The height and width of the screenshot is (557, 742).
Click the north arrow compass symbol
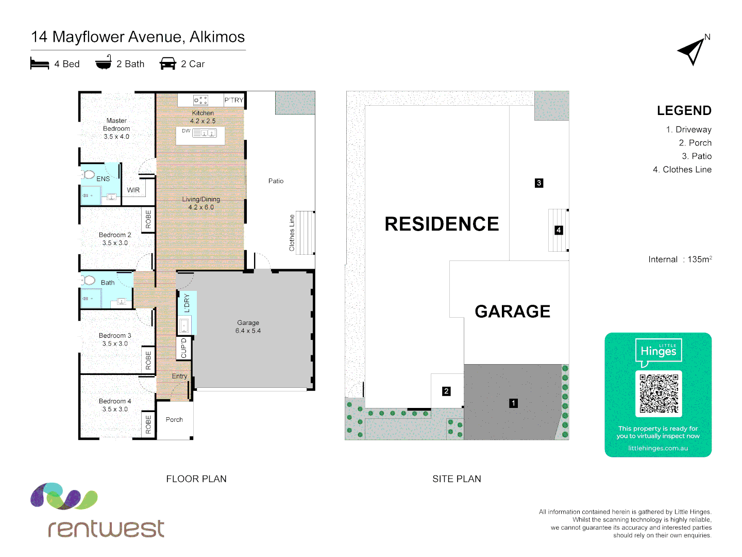pos(692,51)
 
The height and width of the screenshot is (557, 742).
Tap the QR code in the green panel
pos(659,394)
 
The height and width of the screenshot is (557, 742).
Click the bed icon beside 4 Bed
pos(40,64)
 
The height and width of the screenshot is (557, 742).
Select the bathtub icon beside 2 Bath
pos(104,62)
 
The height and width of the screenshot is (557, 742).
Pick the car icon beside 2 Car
pos(168,64)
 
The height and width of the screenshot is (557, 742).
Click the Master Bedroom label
pos(116,128)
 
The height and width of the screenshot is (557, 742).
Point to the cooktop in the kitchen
pos(200,100)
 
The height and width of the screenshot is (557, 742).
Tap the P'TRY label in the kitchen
pos(233,100)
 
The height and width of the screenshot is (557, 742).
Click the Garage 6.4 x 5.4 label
pos(248,326)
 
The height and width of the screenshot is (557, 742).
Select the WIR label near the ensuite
pos(133,190)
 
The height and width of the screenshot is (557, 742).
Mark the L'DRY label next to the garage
pos(187,303)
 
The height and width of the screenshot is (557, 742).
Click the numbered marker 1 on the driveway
pos(513,403)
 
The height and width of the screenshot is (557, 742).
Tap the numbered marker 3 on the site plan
pos(539,183)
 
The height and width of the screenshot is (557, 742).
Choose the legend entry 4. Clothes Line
pos(682,170)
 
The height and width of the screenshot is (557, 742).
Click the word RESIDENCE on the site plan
pos(442,224)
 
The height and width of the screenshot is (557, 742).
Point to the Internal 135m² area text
pos(680,259)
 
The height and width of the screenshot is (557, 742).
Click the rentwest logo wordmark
pos(106,528)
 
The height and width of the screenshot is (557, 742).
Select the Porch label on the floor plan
pos(174,420)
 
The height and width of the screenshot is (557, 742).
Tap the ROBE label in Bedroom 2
pos(148,219)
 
